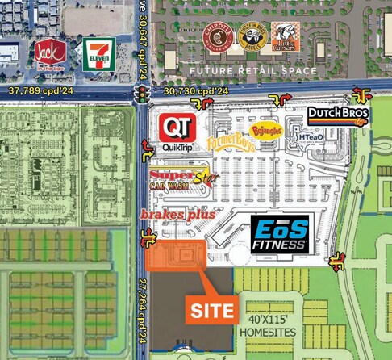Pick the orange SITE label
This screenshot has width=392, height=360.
[212, 310]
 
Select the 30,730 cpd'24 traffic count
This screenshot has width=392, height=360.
[196, 92]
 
